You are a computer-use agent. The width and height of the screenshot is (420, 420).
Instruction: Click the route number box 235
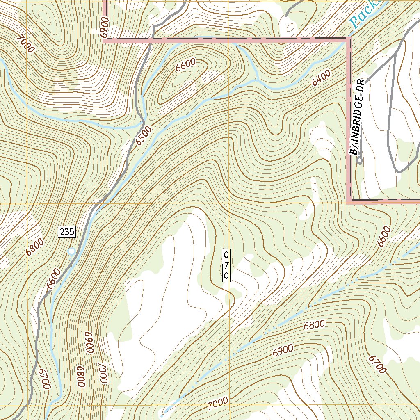pyautogui.click(x=67, y=232)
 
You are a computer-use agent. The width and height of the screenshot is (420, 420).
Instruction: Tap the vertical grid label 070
pyautogui.click(x=226, y=265)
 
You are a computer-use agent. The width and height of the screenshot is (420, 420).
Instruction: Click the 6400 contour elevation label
pyautogui.click(x=321, y=78)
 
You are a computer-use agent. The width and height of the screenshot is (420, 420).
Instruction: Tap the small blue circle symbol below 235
pyautogui.click(x=72, y=251)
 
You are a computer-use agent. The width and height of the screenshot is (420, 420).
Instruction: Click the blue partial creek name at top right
pyautogui.click(x=365, y=14)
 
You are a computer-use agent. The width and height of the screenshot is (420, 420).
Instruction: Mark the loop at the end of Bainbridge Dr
pyautogui.click(x=359, y=160)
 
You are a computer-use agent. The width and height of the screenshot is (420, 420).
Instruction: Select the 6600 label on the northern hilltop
pyautogui.click(x=185, y=65)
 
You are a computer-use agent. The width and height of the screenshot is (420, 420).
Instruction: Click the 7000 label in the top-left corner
pyautogui.click(x=25, y=43)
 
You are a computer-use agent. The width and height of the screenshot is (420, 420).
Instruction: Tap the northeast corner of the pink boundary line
pyautogui.click(x=349, y=39)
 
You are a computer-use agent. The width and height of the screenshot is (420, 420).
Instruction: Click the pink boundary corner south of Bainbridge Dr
pyautogui.click(x=349, y=201)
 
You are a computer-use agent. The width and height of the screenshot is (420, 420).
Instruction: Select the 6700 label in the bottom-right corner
pyautogui.click(x=377, y=365)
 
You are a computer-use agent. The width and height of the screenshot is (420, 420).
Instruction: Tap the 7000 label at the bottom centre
pyautogui.click(x=218, y=404)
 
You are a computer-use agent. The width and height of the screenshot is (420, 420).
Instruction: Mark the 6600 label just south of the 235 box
pyautogui.click(x=53, y=279)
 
